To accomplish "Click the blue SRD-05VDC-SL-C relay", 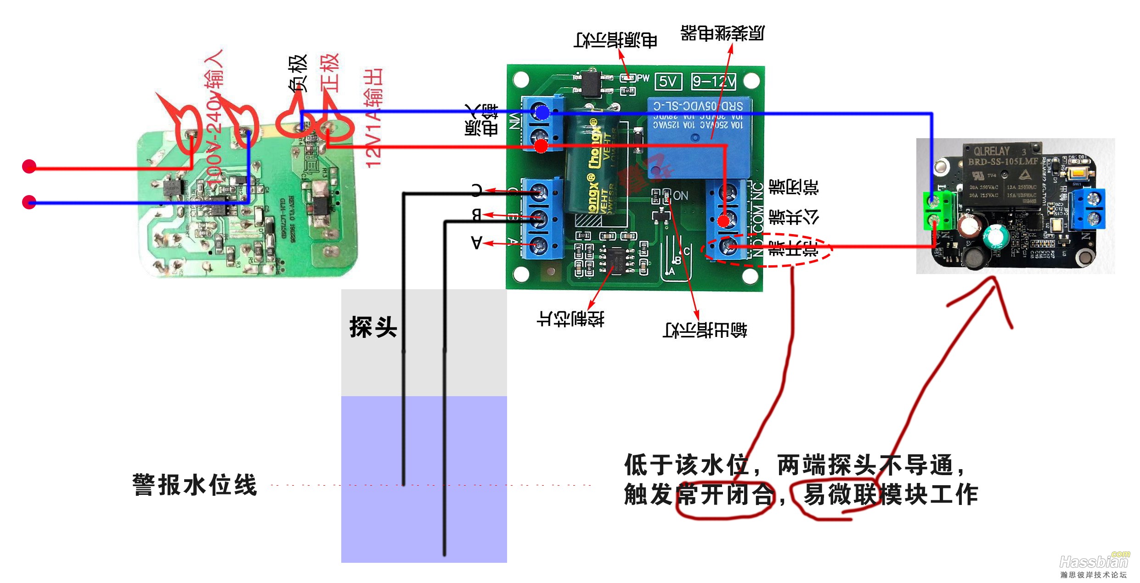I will [x=698, y=138].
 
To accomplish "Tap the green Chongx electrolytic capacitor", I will [x=593, y=165].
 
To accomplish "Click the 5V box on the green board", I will [x=668, y=82].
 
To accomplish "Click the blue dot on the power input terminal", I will [x=542, y=112].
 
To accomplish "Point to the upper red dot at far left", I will [x=29, y=166].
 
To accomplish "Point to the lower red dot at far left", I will [x=29, y=202].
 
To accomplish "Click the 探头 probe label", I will [x=373, y=327].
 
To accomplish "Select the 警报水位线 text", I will [x=195, y=485].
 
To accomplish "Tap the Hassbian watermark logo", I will [x=1093, y=562].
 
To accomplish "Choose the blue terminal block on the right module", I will [x=1089, y=209].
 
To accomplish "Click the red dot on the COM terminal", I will [x=723, y=221].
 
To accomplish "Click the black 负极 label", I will [x=298, y=73].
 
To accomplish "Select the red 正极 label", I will [x=330, y=73].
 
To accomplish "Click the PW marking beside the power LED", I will [x=643, y=78].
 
